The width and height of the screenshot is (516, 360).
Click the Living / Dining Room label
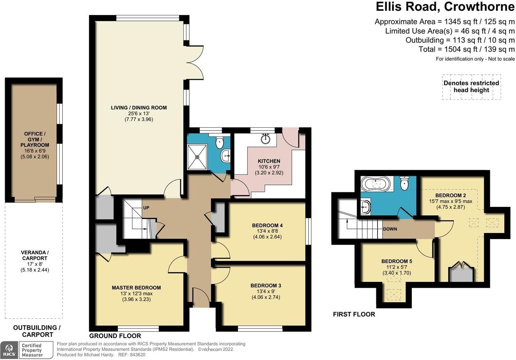pos(139,108)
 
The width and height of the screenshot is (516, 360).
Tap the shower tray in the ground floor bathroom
pos(197,157)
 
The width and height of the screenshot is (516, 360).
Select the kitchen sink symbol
pos(266,138)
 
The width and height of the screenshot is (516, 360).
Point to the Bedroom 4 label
pos(267,225)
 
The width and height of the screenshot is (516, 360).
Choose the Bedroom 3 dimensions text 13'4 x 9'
pos(266,292)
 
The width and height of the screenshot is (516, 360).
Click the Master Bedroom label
pos(136,288)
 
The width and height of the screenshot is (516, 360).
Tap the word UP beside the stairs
pos(146,208)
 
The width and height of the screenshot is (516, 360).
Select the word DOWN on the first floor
pos(390,229)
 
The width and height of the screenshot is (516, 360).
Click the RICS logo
pos(9,350)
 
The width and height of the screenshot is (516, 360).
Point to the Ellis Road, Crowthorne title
pos(445,7)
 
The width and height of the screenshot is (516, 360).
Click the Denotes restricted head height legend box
pos(471,87)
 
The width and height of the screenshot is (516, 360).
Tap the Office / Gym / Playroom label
pos(35,139)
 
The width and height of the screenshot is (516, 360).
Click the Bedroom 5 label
pos(397,261)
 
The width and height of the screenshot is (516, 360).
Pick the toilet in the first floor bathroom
pos(404,183)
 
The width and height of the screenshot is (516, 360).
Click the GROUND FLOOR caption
pos(115,336)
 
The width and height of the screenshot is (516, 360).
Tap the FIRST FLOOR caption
pos(354,314)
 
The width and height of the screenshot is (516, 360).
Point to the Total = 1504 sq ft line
pos(466,49)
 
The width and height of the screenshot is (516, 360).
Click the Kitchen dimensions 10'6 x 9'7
pos(269,167)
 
